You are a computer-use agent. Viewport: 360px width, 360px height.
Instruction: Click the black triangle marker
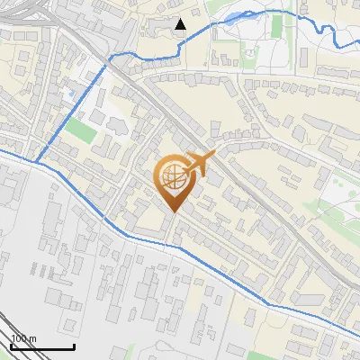(x=181, y=24)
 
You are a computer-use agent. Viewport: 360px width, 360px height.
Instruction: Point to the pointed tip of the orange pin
(x=172, y=211)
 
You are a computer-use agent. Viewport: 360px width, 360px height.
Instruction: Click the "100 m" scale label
(x=23, y=339)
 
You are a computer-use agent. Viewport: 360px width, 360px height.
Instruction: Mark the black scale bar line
(x=42, y=346)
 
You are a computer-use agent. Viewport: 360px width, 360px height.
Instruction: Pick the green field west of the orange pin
(x=80, y=131)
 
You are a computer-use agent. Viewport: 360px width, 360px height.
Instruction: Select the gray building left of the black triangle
(x=161, y=26)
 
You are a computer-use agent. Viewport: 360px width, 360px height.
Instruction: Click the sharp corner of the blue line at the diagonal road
(x=110, y=58)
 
